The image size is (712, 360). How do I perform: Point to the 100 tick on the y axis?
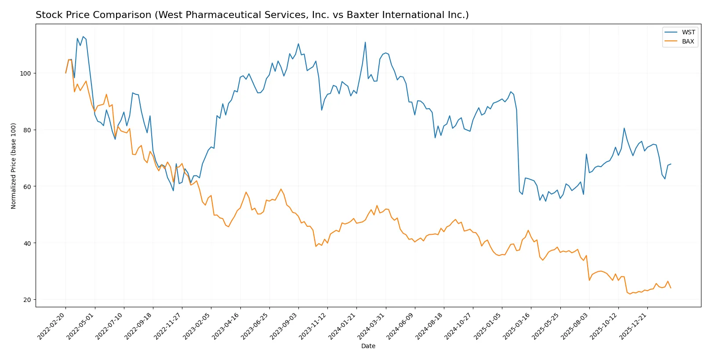pyautogui.click(x=25, y=73)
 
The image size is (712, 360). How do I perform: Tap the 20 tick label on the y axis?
pyautogui.click(x=27, y=300)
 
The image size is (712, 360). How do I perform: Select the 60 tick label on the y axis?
pyautogui.click(x=27, y=186)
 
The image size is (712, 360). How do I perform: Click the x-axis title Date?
pyautogui.click(x=368, y=346)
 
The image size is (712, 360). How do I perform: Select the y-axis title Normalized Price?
pyautogui.click(x=14, y=166)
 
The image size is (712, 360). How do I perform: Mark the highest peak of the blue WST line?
pyautogui.click(x=83, y=36)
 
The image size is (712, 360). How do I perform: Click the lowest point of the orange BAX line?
pyautogui.click(x=630, y=294)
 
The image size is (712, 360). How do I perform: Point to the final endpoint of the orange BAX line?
pyautogui.click(x=671, y=288)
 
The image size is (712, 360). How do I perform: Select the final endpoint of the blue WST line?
pyautogui.click(x=671, y=164)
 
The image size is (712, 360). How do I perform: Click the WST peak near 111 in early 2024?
pyautogui.click(x=365, y=42)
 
